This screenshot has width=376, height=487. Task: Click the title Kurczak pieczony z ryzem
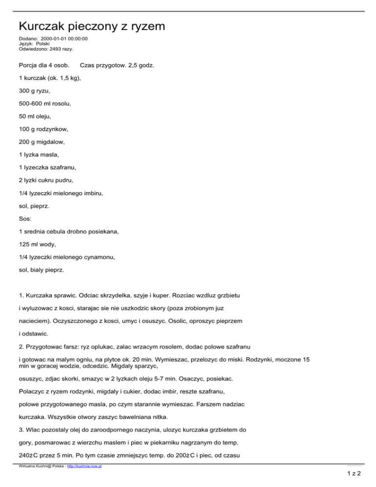[x=92, y=25]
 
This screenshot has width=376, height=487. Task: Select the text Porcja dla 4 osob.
[x=43, y=65]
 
